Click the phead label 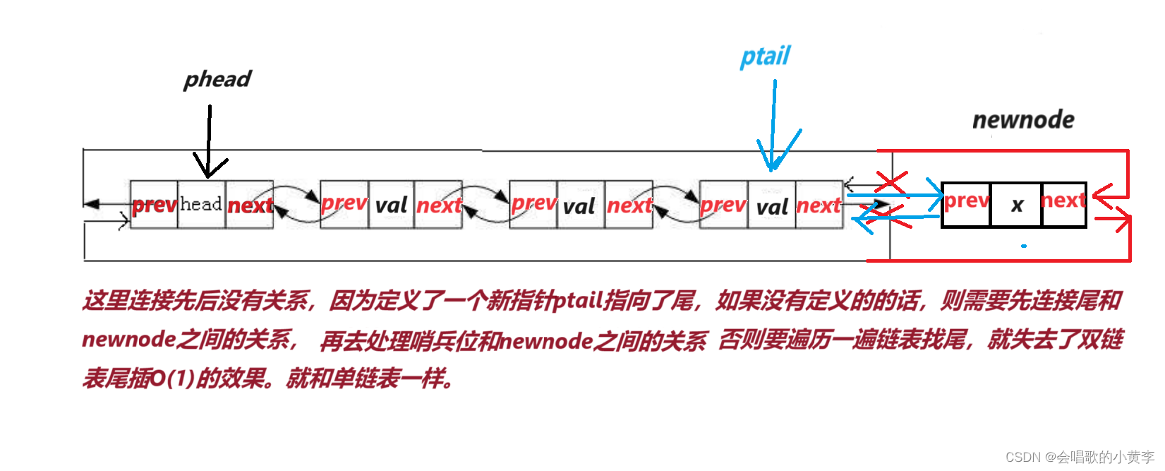(217, 79)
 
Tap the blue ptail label (765, 56)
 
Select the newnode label (1023, 120)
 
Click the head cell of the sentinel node (201, 205)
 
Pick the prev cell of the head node (154, 205)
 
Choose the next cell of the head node (250, 205)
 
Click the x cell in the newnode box (1017, 205)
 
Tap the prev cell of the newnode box (967, 202)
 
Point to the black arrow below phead (210, 141)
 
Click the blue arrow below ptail (774, 127)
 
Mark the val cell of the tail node (772, 206)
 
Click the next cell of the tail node (819, 205)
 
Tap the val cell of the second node (391, 205)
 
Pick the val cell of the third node (579, 206)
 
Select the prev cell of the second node (344, 203)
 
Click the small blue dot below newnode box (1023, 246)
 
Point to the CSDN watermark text (1080, 457)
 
